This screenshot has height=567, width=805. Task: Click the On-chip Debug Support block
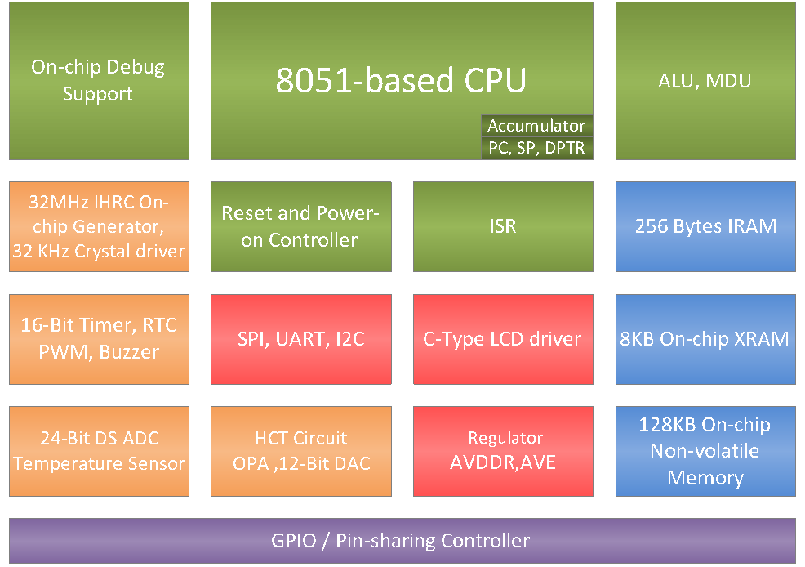(98, 81)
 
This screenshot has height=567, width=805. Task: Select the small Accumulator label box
(536, 126)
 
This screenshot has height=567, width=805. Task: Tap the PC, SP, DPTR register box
(536, 148)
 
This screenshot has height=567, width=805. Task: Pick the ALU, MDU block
(705, 81)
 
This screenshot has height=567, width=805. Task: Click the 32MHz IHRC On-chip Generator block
(98, 226)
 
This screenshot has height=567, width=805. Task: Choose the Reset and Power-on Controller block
(300, 226)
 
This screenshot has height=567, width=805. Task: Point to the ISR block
(503, 226)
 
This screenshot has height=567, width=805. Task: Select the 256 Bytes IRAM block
(705, 226)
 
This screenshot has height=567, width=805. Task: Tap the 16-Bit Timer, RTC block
(98, 339)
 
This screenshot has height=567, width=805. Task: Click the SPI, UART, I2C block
(300, 339)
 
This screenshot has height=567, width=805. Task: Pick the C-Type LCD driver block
(503, 339)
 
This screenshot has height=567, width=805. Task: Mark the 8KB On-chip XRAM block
(705, 339)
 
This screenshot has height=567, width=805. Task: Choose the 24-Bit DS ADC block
(98, 451)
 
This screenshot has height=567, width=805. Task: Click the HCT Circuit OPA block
(300, 451)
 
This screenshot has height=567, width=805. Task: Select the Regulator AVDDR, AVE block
(503, 451)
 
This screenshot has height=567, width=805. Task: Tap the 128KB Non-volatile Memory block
(705, 451)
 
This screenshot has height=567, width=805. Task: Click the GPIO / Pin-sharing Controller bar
(402, 541)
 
